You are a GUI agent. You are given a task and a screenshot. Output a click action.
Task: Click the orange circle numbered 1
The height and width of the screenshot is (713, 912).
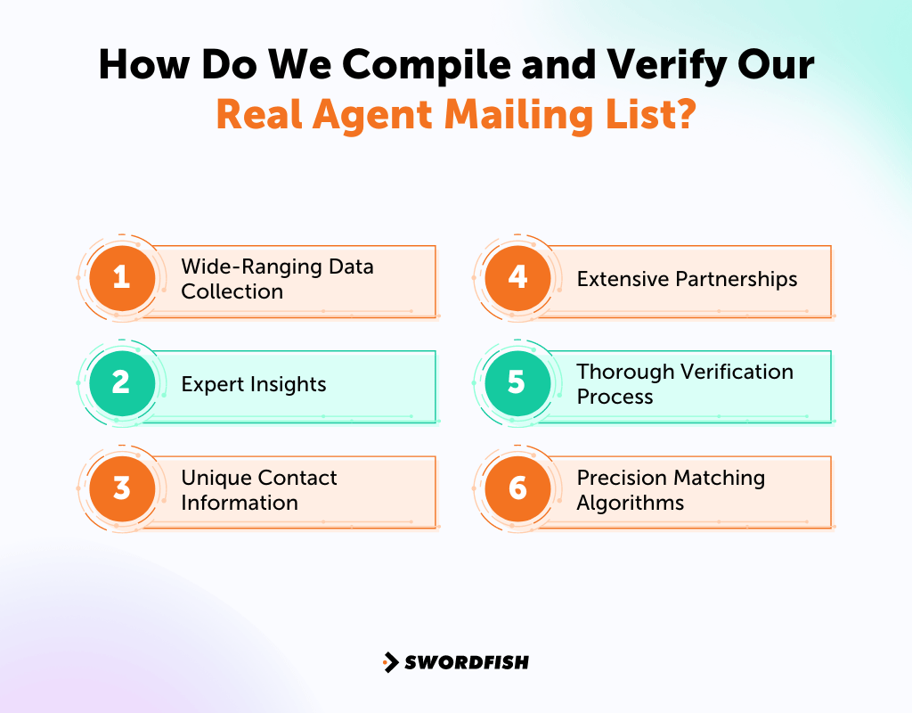(x=122, y=278)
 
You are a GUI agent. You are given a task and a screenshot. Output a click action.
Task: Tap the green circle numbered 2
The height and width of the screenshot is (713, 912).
(x=122, y=383)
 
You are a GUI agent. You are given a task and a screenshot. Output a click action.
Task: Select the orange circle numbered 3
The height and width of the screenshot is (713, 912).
(x=122, y=488)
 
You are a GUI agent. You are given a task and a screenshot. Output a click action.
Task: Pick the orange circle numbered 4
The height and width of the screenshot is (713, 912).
(x=517, y=278)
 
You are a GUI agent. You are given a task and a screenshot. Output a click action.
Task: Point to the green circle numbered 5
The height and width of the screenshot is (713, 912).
(x=517, y=383)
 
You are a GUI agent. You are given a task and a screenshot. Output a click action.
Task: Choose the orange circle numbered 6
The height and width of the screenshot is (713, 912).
(x=517, y=488)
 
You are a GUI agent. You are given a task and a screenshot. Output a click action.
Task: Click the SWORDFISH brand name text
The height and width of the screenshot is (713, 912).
(x=467, y=662)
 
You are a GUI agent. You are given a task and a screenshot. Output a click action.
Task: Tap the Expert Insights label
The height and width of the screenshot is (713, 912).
(x=254, y=384)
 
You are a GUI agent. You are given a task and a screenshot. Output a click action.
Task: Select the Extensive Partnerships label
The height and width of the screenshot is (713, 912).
(x=687, y=279)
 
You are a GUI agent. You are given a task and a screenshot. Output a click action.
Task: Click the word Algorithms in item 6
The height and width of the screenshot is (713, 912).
(x=631, y=503)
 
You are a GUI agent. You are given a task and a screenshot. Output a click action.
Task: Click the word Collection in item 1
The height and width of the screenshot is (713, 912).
(x=232, y=291)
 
